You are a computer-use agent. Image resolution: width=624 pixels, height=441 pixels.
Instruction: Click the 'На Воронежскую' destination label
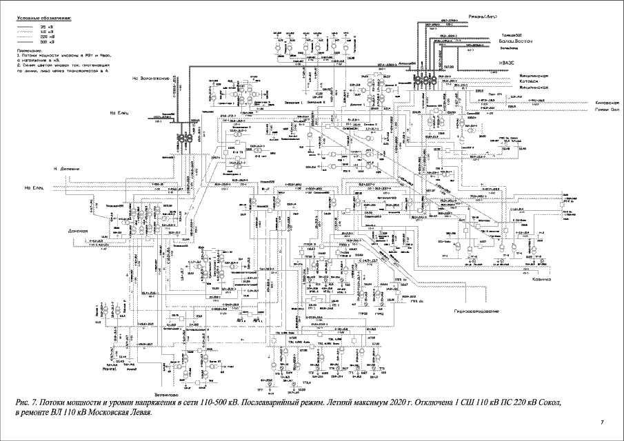point(151,78)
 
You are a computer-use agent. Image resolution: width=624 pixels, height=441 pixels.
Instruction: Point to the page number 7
point(602,422)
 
